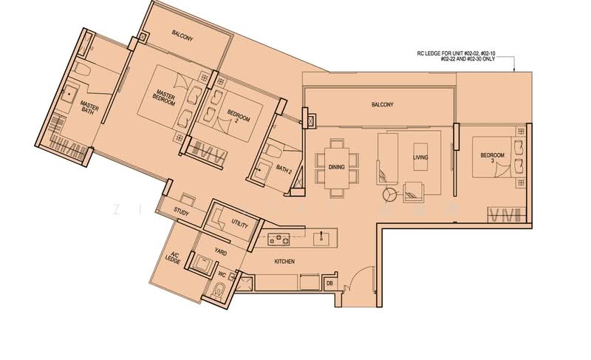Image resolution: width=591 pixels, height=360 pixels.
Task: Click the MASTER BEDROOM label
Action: [163, 97]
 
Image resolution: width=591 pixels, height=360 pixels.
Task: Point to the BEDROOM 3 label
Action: [492, 157]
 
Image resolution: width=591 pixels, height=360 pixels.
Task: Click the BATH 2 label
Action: [284, 169]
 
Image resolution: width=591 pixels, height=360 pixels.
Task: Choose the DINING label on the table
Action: [336, 168]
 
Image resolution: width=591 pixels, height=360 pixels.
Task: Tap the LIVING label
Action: [421, 158]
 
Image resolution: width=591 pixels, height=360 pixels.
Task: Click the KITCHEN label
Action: [284, 262]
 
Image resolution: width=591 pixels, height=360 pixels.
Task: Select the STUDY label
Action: [182, 212]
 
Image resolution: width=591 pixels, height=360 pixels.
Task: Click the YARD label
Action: [221, 251]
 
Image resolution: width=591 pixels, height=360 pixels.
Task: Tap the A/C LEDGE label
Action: [174, 259]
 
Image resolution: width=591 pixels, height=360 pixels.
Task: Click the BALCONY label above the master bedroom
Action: [182, 34]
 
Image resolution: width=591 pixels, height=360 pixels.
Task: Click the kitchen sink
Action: [321, 237]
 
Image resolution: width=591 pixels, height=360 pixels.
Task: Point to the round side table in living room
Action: [389, 195]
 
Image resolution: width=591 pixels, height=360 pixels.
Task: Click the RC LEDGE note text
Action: [467, 56]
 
